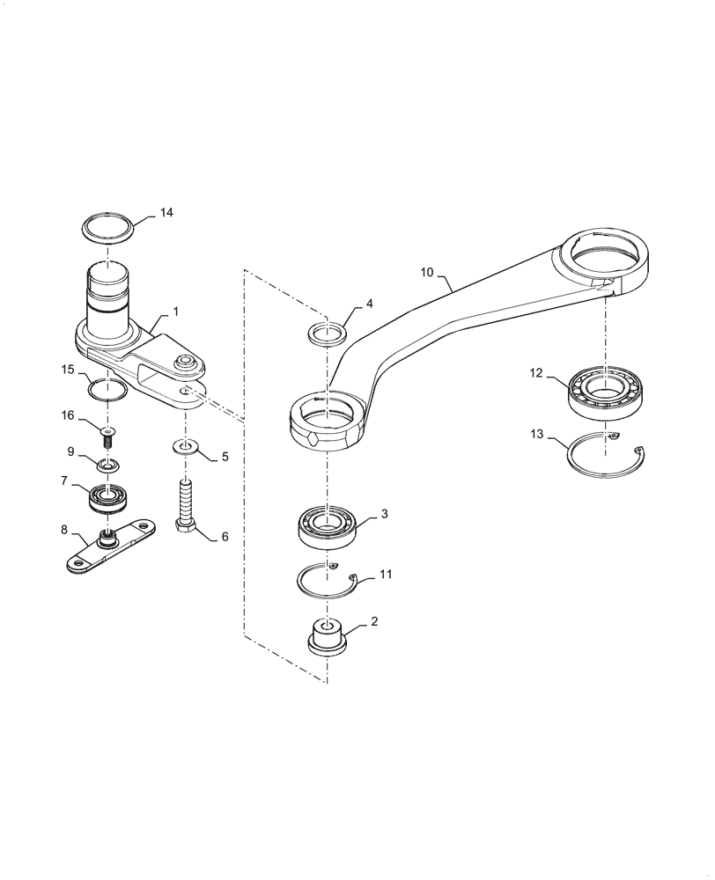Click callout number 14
pos(166,212)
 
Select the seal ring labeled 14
pos(108,228)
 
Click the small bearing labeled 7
pos(110,500)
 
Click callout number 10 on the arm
pos(427,274)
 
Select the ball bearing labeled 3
pos(328,526)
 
